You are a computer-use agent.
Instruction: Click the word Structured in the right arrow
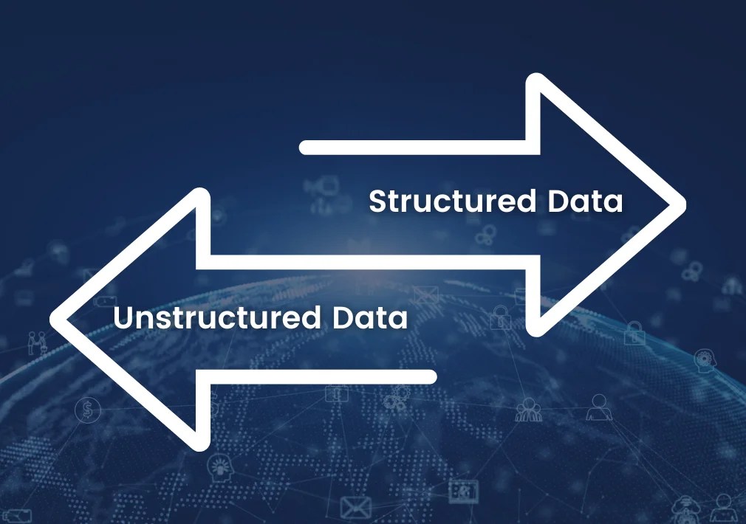452,201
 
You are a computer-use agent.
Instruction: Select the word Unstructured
218,318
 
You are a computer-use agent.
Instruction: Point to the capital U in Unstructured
124,318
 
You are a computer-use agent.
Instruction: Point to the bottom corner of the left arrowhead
201,443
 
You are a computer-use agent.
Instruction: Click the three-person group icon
529,408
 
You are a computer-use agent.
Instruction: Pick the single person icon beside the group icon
598,407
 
